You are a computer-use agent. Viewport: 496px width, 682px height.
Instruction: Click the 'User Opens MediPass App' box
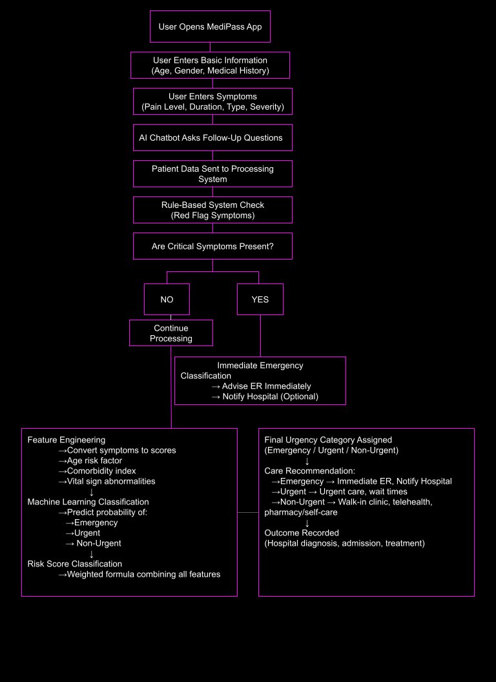coord(210,26)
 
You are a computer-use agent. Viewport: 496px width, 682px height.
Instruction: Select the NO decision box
coord(167,299)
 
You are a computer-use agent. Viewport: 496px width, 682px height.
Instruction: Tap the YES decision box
coord(260,299)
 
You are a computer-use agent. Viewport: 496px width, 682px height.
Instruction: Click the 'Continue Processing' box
coord(171,333)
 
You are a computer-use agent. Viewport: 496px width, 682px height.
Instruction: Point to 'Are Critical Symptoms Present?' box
coord(212,246)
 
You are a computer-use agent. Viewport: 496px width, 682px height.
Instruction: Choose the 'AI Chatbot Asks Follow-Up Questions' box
coord(212,138)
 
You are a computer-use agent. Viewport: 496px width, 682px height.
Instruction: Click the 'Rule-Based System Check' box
coord(212,210)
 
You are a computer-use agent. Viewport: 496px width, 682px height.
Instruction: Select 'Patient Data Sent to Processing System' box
coord(212,174)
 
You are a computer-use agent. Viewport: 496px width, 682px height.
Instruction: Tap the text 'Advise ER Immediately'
coord(266,386)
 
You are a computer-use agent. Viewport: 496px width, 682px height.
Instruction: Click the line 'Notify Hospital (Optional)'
coord(265,397)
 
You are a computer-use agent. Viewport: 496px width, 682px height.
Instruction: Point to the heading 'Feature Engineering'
coord(66,440)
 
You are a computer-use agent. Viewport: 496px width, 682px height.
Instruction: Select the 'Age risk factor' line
coord(90,460)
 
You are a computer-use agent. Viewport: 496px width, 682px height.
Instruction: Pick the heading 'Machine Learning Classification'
coord(88,502)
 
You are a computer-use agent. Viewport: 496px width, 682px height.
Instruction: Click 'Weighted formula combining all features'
coord(139,575)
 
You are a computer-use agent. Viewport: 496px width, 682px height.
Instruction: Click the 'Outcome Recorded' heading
coord(302,533)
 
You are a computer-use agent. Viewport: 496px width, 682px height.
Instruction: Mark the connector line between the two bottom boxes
coord(248,512)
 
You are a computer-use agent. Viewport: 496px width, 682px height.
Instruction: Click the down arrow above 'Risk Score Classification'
coord(91,554)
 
